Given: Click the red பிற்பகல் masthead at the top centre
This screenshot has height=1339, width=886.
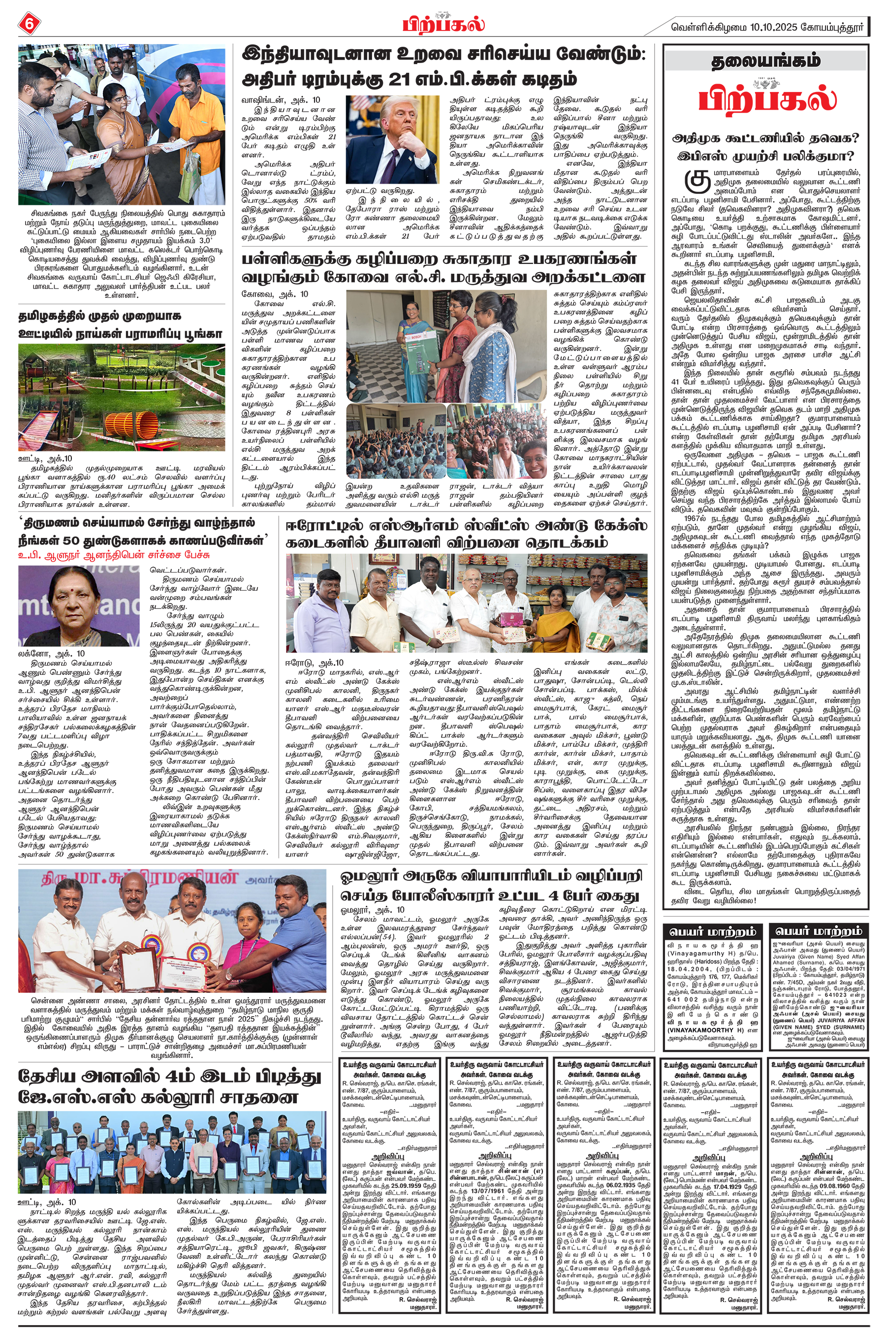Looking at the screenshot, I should (443, 24).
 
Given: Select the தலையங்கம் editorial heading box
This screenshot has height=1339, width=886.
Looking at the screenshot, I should (765, 61).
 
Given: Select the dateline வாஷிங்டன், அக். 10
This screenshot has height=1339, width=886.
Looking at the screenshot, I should (272, 100).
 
